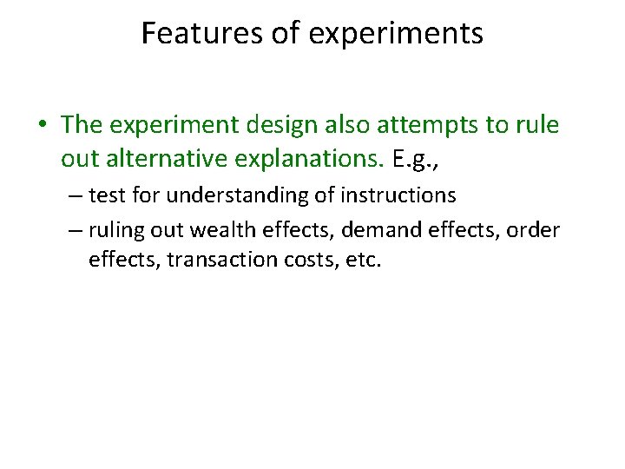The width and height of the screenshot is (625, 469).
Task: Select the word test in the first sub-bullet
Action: (106, 196)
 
